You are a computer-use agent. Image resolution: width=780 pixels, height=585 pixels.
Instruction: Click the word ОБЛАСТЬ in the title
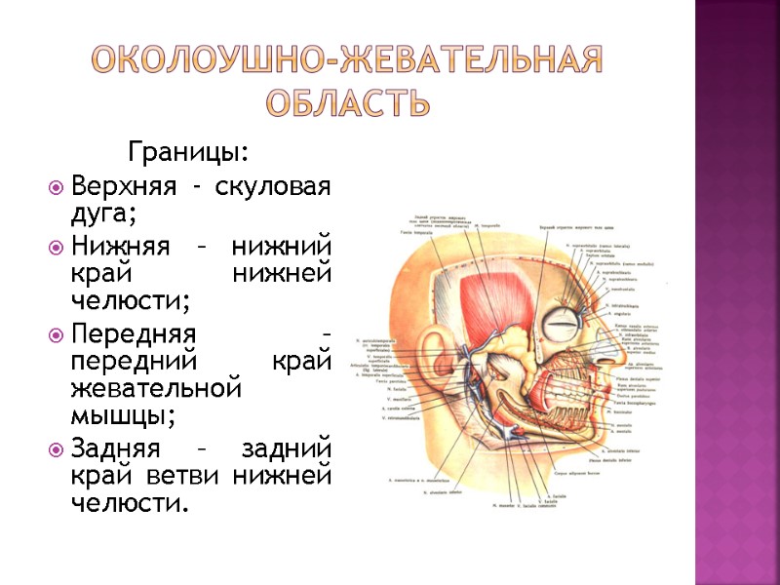(x=347, y=100)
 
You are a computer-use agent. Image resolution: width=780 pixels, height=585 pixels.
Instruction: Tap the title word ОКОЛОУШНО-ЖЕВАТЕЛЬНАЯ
(x=348, y=61)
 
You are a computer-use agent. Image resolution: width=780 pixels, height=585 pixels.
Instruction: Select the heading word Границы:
(x=188, y=153)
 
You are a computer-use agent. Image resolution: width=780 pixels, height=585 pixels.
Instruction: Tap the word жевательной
(x=156, y=389)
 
